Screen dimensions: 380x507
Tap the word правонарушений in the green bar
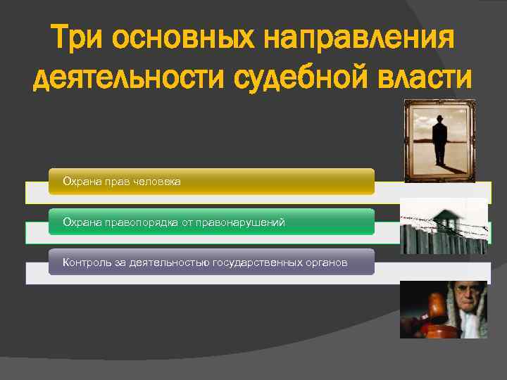pos(244,222)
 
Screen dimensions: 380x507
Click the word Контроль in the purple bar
pos(84,262)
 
